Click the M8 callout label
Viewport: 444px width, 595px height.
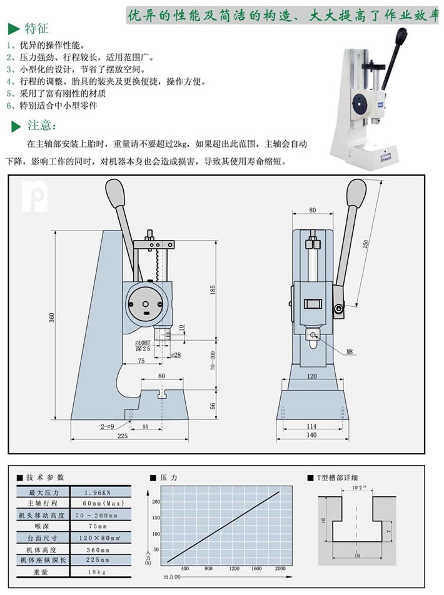(x=350, y=352)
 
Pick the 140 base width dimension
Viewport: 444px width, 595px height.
(x=311, y=436)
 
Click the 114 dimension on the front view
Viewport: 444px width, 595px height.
(x=311, y=426)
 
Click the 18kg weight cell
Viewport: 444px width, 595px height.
(x=102, y=572)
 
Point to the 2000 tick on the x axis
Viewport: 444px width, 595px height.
(x=280, y=568)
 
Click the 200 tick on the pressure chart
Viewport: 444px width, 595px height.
(x=156, y=501)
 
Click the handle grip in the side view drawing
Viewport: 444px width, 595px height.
(x=115, y=190)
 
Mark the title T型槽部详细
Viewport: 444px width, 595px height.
(x=340, y=477)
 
